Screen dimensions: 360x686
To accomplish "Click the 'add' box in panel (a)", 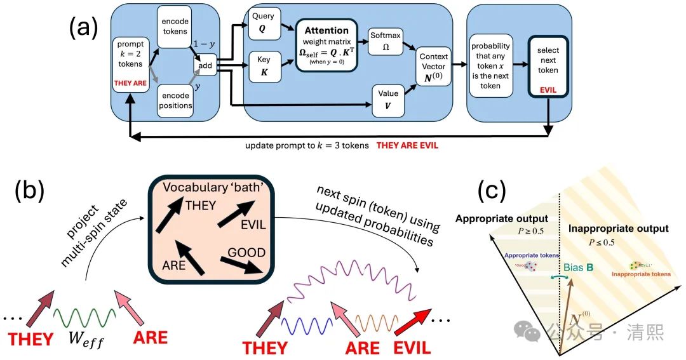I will point(205,64).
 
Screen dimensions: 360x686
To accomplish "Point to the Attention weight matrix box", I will point(326,44).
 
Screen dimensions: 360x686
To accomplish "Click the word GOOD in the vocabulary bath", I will point(246,252).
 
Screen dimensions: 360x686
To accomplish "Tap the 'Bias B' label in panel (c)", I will point(578,267).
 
